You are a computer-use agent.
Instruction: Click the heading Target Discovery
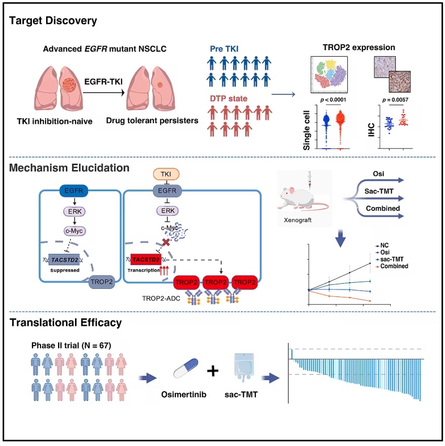pos(53,21)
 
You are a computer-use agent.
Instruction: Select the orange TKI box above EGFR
pos(166,174)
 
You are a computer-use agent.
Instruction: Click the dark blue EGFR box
pos(73,191)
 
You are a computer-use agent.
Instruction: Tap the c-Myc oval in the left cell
pos(75,231)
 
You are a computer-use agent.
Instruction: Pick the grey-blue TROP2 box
pos(101,282)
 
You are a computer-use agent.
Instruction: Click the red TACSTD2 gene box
pos(146,259)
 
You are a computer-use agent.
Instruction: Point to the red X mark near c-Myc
pos(166,242)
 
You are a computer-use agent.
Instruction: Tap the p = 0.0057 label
pos(395,100)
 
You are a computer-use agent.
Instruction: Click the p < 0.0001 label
pos(333,100)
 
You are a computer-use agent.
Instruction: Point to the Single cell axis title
pos(307,130)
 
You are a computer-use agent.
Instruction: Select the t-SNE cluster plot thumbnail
pos(329,75)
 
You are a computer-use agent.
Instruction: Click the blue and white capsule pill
pos(186,368)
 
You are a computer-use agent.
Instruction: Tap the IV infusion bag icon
pos(244,368)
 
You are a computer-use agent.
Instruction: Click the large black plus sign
pos(213,371)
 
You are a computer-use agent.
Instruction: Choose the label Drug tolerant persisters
pos(152,121)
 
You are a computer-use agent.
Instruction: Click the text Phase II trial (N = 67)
pos(71,345)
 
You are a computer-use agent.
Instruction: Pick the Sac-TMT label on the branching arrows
pos(379,191)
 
